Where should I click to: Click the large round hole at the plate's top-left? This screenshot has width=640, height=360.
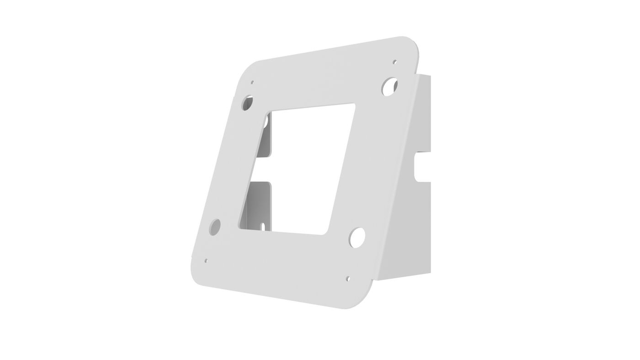(247, 103)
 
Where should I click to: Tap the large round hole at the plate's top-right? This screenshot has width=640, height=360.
(389, 86)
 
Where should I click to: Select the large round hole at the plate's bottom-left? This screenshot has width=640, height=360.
(214, 227)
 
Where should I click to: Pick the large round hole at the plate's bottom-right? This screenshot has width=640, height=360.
(357, 238)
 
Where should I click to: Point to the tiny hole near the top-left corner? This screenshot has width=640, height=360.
(252, 83)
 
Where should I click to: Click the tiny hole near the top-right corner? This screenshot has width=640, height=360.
(395, 62)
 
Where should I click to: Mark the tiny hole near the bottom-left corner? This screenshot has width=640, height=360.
(206, 261)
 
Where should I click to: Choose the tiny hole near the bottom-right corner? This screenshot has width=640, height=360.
(347, 278)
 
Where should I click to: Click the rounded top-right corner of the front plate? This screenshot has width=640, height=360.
(411, 43)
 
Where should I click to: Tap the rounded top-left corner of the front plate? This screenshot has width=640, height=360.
(249, 68)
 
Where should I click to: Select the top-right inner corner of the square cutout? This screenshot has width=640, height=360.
(353, 106)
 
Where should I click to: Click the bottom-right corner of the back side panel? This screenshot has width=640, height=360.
(430, 273)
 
